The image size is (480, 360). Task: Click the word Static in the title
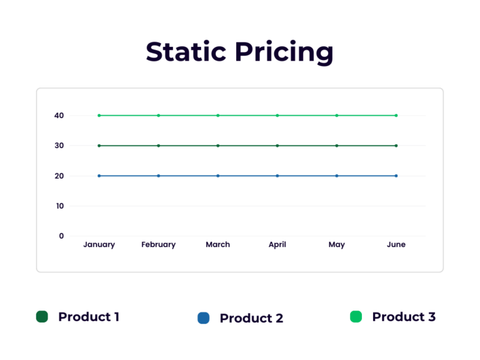[186, 52]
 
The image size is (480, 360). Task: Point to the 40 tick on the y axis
[59, 116]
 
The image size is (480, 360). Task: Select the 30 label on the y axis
[59, 146]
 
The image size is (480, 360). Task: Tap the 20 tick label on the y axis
[59, 176]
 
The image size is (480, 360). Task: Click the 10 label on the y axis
[59, 206]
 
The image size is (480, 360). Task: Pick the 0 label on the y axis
[61, 236]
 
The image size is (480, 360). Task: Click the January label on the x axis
[99, 244]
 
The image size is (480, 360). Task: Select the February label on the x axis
[158, 244]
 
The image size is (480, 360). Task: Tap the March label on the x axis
[217, 244]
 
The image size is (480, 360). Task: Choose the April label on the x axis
[277, 244]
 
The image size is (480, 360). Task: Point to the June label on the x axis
[396, 244]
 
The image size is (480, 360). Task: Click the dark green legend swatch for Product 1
[42, 317]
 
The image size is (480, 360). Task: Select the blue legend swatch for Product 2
[203, 318]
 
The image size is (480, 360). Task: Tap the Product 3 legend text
[404, 317]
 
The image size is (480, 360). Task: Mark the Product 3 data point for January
[99, 116]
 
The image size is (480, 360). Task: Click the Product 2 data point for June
[396, 176]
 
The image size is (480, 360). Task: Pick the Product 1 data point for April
[277, 146]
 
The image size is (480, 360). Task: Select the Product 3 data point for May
[337, 116]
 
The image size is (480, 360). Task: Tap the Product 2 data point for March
[217, 176]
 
